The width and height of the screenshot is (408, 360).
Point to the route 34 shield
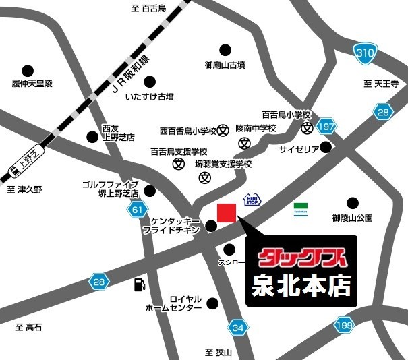click(237, 328)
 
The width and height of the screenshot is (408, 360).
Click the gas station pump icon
click(139, 284)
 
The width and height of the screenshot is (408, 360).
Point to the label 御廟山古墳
click(225, 66)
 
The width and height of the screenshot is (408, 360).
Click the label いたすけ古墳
click(149, 97)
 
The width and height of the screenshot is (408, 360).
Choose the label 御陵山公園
click(352, 218)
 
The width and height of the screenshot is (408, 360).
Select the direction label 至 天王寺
click(381, 84)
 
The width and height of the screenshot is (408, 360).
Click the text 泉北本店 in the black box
click(301, 287)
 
